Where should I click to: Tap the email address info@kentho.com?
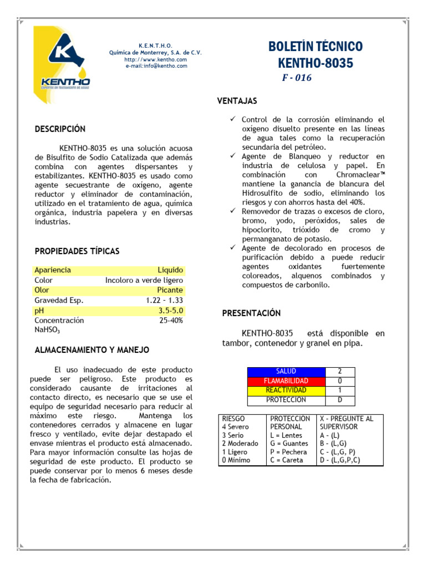tap(156, 66)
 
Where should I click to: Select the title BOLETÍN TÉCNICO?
tap(315, 46)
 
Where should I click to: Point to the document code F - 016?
tap(297, 78)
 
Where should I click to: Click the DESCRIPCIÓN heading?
tap(60, 129)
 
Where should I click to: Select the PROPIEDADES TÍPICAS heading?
tap(77, 251)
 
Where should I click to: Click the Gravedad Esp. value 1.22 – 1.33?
tap(164, 300)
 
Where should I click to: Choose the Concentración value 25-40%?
tap(171, 321)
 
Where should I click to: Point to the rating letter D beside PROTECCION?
tap(339, 400)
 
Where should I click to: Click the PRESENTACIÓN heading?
tap(251, 313)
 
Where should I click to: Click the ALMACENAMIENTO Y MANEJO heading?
tap(92, 351)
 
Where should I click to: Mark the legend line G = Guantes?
tap(289, 444)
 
